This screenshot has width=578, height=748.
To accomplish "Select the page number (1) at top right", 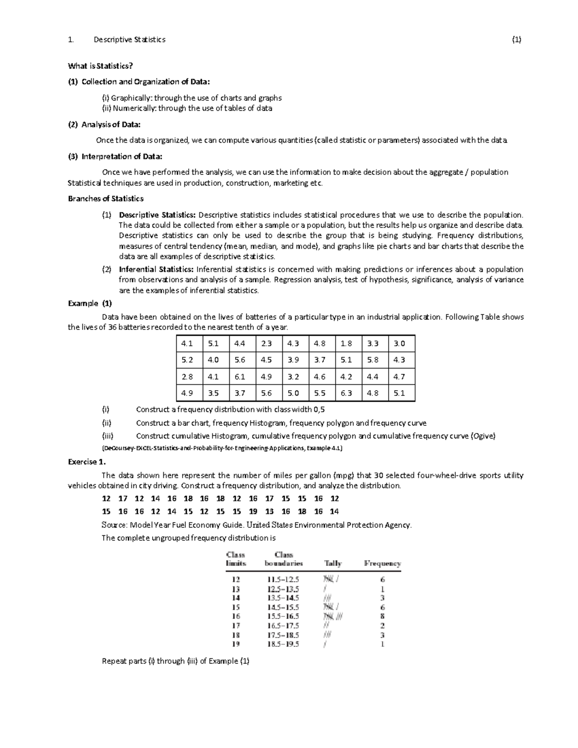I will point(516,39).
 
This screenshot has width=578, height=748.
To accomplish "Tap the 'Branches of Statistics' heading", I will point(105,198).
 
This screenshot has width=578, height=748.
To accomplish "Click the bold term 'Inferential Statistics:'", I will point(157,269).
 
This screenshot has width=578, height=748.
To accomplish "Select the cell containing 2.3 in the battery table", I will point(266,344).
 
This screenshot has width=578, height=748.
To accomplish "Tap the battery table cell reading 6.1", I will point(240,377).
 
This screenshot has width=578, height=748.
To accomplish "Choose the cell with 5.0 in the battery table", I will point(293,393).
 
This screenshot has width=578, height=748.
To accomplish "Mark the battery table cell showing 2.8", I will point(187,377).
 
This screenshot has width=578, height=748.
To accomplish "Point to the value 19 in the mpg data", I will point(253,512).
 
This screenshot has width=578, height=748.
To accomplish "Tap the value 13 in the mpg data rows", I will point(269,512).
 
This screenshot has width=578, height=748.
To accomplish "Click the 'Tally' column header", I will point(333,563).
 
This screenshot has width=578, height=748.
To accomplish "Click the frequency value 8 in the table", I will point(382,617).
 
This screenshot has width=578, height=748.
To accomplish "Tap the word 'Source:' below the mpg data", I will point(115,525).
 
